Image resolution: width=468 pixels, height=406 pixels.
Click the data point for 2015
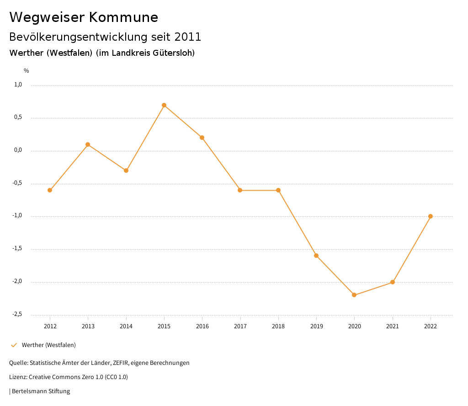coord(164,105)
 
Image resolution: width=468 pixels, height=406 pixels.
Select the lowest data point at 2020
coord(354,295)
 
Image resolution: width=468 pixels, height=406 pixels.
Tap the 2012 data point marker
coord(50,190)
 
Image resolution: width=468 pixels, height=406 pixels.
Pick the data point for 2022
coord(431,216)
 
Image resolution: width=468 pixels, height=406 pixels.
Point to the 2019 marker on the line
coord(316,256)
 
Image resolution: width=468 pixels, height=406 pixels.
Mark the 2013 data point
coord(88,144)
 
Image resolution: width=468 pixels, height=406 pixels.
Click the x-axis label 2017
coord(240,326)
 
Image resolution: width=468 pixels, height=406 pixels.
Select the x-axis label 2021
coord(393,326)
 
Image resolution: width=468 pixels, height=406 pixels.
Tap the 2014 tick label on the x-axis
coord(126,326)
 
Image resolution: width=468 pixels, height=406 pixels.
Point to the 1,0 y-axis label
coord(18,85)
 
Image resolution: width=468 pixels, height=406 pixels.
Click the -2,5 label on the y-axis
coord(17,314)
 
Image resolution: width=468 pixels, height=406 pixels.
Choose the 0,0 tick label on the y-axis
coord(18,150)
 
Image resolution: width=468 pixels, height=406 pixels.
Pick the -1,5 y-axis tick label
coord(17,248)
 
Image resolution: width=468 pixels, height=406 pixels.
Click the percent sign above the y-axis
coord(27,71)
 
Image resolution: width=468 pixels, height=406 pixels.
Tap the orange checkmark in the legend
coord(14,345)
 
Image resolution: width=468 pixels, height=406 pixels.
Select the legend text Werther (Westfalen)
coord(49,345)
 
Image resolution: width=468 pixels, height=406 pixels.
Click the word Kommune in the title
coord(123,17)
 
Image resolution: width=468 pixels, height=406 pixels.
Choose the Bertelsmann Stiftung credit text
coord(41,391)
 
